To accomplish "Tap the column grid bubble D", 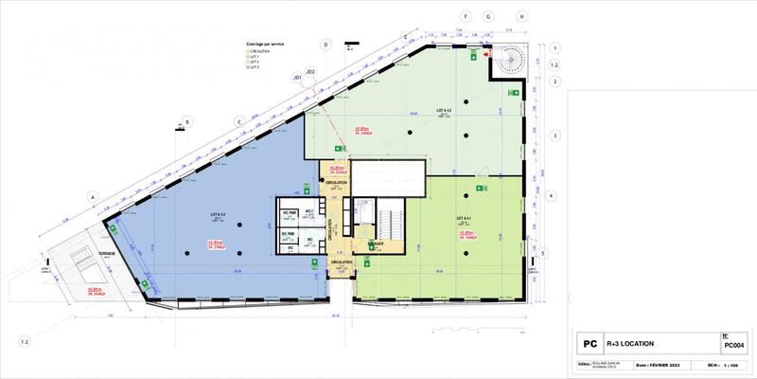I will click(325, 44).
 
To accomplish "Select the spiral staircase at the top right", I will click(507, 63).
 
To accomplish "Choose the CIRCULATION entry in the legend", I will click(261, 51).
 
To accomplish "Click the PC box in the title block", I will click(588, 344).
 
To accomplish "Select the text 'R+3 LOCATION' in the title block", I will click(633, 344).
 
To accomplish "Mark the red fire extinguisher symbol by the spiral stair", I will click(488, 55).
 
